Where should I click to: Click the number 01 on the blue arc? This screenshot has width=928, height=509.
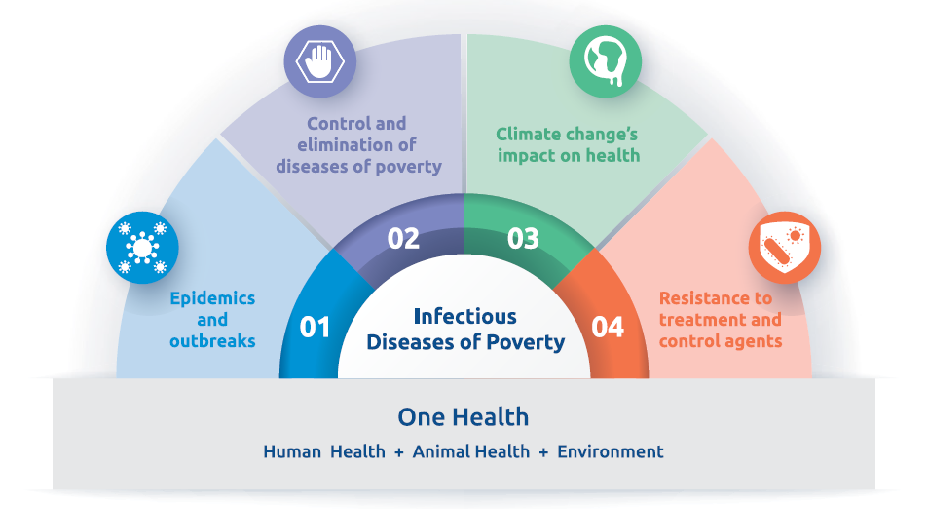tap(315, 327)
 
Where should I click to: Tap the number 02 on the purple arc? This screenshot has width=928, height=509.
tap(403, 238)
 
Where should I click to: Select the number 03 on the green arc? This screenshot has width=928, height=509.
tap(523, 238)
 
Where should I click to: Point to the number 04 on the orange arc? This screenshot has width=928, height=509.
tap(608, 327)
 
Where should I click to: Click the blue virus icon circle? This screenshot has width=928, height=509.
tap(142, 248)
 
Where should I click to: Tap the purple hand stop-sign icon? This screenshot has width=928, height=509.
tap(319, 61)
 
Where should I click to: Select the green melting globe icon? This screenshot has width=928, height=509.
tap(606, 61)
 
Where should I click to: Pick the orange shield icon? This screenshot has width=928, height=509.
tap(785, 248)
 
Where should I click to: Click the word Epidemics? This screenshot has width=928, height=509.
tap(212, 298)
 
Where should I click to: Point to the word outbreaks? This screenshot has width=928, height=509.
tap(212, 341)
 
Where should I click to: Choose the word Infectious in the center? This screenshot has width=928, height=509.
tap(465, 317)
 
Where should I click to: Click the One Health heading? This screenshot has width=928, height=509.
tap(463, 417)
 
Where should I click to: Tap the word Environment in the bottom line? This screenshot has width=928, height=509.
tap(611, 452)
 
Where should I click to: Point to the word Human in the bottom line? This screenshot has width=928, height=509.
tap(292, 452)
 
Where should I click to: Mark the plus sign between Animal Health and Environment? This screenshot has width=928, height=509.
tap(544, 452)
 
